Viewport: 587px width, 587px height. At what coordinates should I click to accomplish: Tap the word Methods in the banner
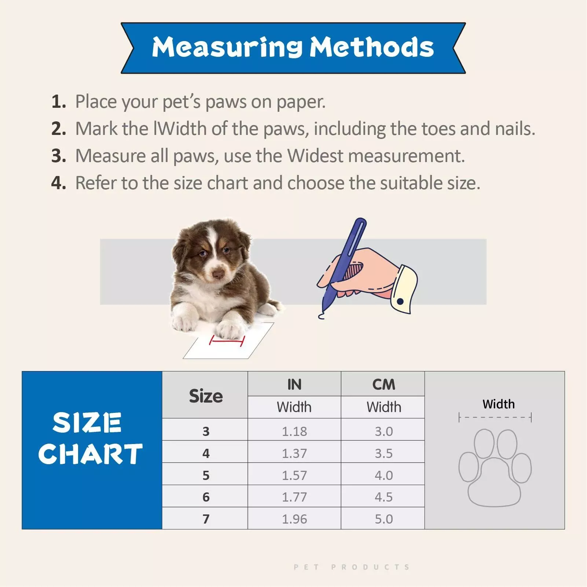coord(372,47)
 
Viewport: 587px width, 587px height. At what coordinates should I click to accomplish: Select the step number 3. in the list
coord(59,156)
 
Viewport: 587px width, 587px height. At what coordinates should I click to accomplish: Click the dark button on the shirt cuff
coord(400,301)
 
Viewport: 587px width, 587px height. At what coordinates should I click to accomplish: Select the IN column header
coord(294,384)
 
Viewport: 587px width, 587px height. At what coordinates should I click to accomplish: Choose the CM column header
coord(384,384)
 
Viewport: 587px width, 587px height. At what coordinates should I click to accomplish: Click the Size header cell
coord(205,395)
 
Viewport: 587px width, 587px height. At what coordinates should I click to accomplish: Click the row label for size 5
coord(206,475)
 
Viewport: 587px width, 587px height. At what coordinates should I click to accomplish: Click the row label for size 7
coord(206,519)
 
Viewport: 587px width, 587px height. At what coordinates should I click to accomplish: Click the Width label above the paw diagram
coord(499,404)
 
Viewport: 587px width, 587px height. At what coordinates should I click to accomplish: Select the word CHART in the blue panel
coord(90,454)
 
